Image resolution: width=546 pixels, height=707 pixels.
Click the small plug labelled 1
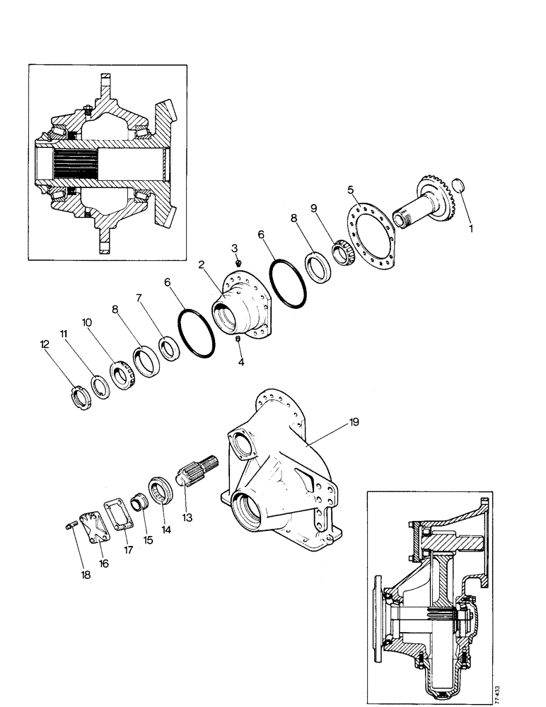point(458,185)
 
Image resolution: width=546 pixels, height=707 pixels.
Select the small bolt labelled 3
point(238,263)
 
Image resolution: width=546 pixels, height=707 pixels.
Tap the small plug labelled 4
point(238,339)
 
